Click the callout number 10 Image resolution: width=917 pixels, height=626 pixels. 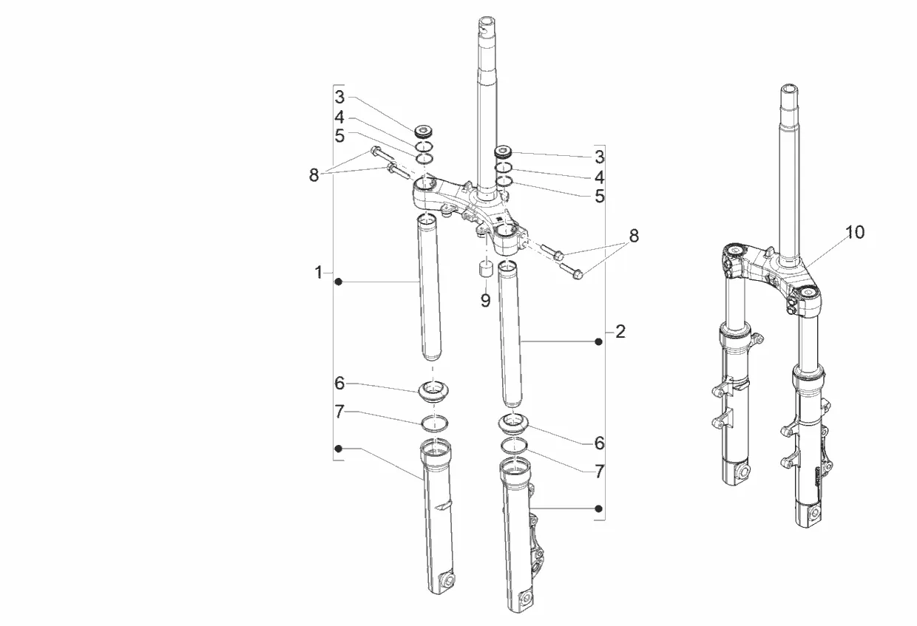[855, 232]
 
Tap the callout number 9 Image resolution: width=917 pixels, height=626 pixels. [485, 301]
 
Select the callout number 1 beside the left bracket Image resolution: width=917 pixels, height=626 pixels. [319, 273]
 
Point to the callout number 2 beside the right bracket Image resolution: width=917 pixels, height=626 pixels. [620, 331]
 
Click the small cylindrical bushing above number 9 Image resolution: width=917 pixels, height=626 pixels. [486, 271]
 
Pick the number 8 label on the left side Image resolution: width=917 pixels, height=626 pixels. [314, 175]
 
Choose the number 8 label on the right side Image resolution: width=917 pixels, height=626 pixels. [634, 236]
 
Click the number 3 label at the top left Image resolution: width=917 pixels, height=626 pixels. [339, 98]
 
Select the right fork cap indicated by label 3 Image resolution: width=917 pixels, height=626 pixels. [503, 152]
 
